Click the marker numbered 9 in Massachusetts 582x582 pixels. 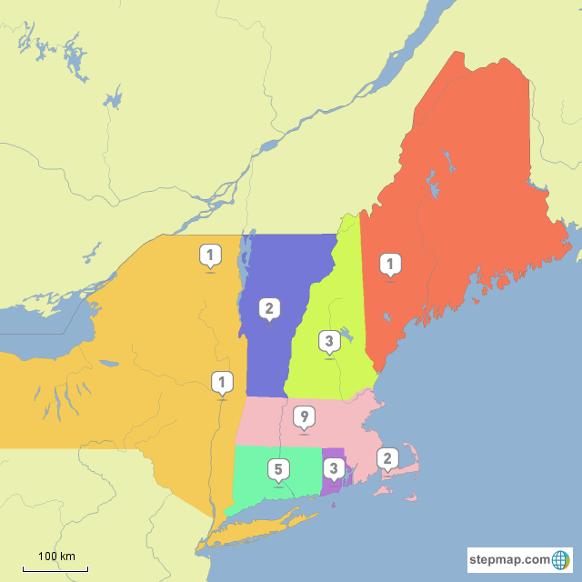pyautogui.click(x=305, y=417)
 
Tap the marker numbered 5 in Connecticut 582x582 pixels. pyautogui.click(x=278, y=469)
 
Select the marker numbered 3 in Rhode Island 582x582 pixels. pyautogui.click(x=334, y=469)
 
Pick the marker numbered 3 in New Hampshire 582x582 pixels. pyautogui.click(x=328, y=341)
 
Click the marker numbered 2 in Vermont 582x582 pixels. pyautogui.click(x=268, y=308)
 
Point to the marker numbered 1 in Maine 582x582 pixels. pyautogui.click(x=390, y=265)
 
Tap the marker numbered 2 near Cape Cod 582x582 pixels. pyautogui.click(x=387, y=457)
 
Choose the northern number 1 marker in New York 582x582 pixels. pyautogui.click(x=210, y=255)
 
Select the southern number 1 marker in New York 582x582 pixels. pyautogui.click(x=221, y=381)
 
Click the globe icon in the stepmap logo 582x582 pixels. pyautogui.click(x=562, y=559)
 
